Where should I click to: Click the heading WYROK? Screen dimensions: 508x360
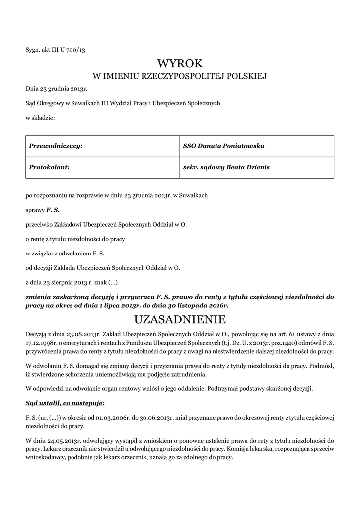click(180, 63)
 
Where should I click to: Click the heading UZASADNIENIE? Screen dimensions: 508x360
click(180, 318)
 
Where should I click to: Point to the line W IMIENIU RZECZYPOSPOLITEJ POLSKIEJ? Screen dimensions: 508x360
click(180, 76)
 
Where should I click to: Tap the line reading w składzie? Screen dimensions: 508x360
click(40, 118)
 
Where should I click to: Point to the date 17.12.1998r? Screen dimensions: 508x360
click(42, 342)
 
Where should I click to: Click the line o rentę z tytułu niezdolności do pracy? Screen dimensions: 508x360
click(75, 239)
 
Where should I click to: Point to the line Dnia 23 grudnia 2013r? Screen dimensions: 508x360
click(57, 89)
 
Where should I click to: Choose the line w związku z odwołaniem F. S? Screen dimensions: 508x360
click(65, 253)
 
